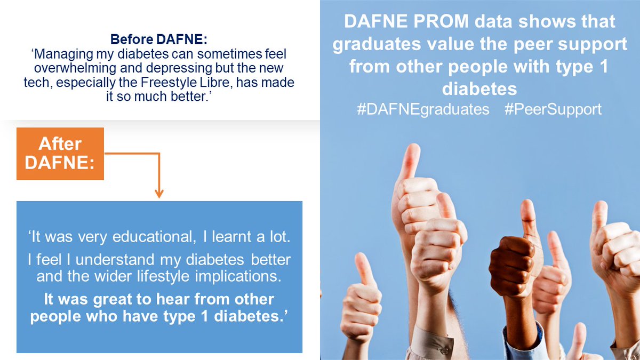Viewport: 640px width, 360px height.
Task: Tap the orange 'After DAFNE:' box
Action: pyautogui.click(x=60, y=153)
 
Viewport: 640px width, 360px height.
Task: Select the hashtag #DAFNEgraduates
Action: pyautogui.click(x=423, y=109)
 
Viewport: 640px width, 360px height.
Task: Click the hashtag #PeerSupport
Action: pyautogui.click(x=553, y=109)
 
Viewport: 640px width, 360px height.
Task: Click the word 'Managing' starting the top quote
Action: pyautogui.click(x=59, y=55)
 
